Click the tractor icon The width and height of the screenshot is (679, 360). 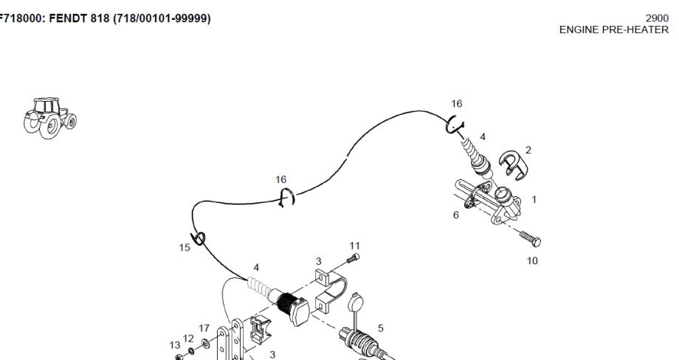50,115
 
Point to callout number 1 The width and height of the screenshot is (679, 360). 534,198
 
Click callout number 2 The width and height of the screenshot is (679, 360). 528,150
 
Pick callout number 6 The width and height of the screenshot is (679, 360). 456,215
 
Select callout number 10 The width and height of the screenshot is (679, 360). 532,260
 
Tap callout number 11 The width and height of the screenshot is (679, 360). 354,246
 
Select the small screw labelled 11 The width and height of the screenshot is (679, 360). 353,257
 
